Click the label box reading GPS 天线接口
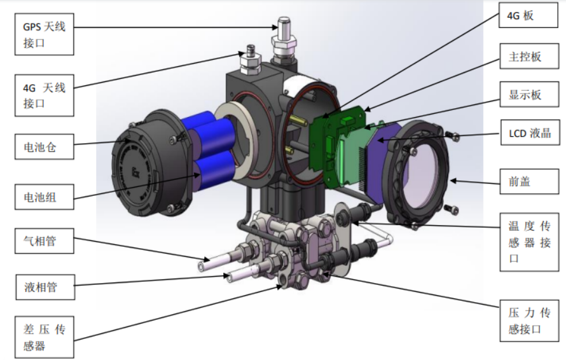point(45,34)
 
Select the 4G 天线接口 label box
point(45,95)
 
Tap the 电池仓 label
point(45,146)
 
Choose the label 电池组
point(45,197)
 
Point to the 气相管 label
point(45,241)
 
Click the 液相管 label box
point(46,287)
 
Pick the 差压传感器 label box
point(45,337)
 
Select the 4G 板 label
point(528,15)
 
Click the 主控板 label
point(529,57)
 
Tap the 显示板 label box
point(529,94)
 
